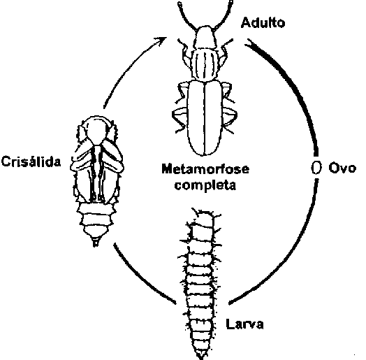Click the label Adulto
[x=263, y=22]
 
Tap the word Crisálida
[x=31, y=161]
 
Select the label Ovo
[x=342, y=168]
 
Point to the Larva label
[x=245, y=324]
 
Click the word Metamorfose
[x=205, y=168]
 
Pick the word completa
[x=205, y=185]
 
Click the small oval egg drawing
[x=316, y=168]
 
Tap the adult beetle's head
[x=205, y=37]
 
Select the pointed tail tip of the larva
[x=201, y=356]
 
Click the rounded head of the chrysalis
[x=96, y=129]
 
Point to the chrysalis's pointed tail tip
[x=96, y=242]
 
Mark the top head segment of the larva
[x=203, y=217]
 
